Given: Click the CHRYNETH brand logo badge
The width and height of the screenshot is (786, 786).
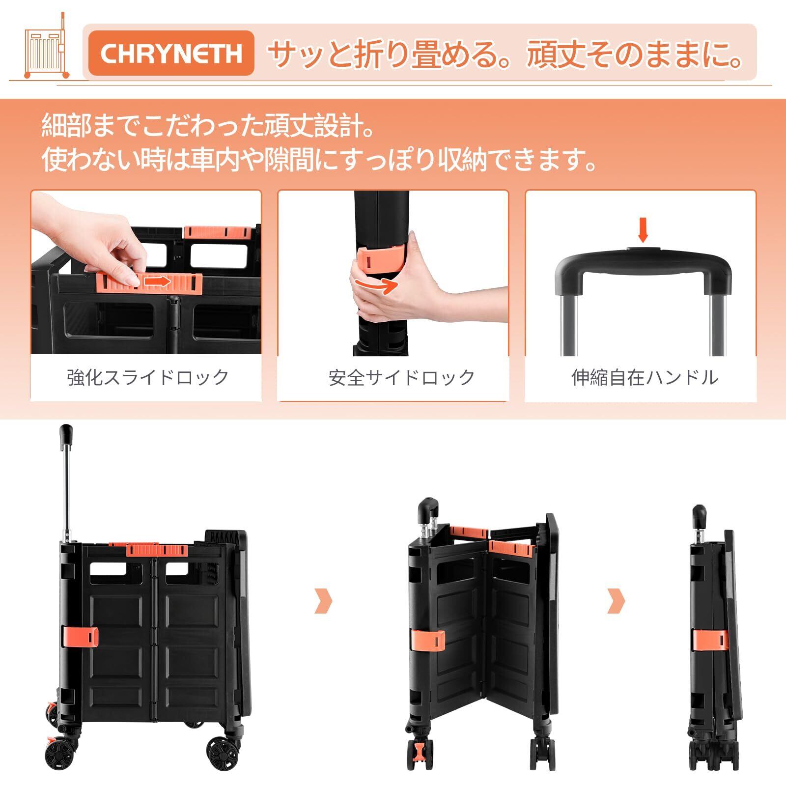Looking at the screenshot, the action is (x=171, y=53).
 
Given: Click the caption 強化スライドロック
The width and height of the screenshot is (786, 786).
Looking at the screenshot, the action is (x=148, y=377).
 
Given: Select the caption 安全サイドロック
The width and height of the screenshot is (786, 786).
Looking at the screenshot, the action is (x=402, y=377).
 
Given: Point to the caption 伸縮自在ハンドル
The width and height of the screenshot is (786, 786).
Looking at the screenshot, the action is (x=645, y=377).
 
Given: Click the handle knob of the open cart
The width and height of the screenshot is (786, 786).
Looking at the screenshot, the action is (x=66, y=434).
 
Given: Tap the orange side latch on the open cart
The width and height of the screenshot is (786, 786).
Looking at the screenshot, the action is (x=80, y=638).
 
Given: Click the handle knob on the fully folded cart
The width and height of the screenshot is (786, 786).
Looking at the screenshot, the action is (x=699, y=516).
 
